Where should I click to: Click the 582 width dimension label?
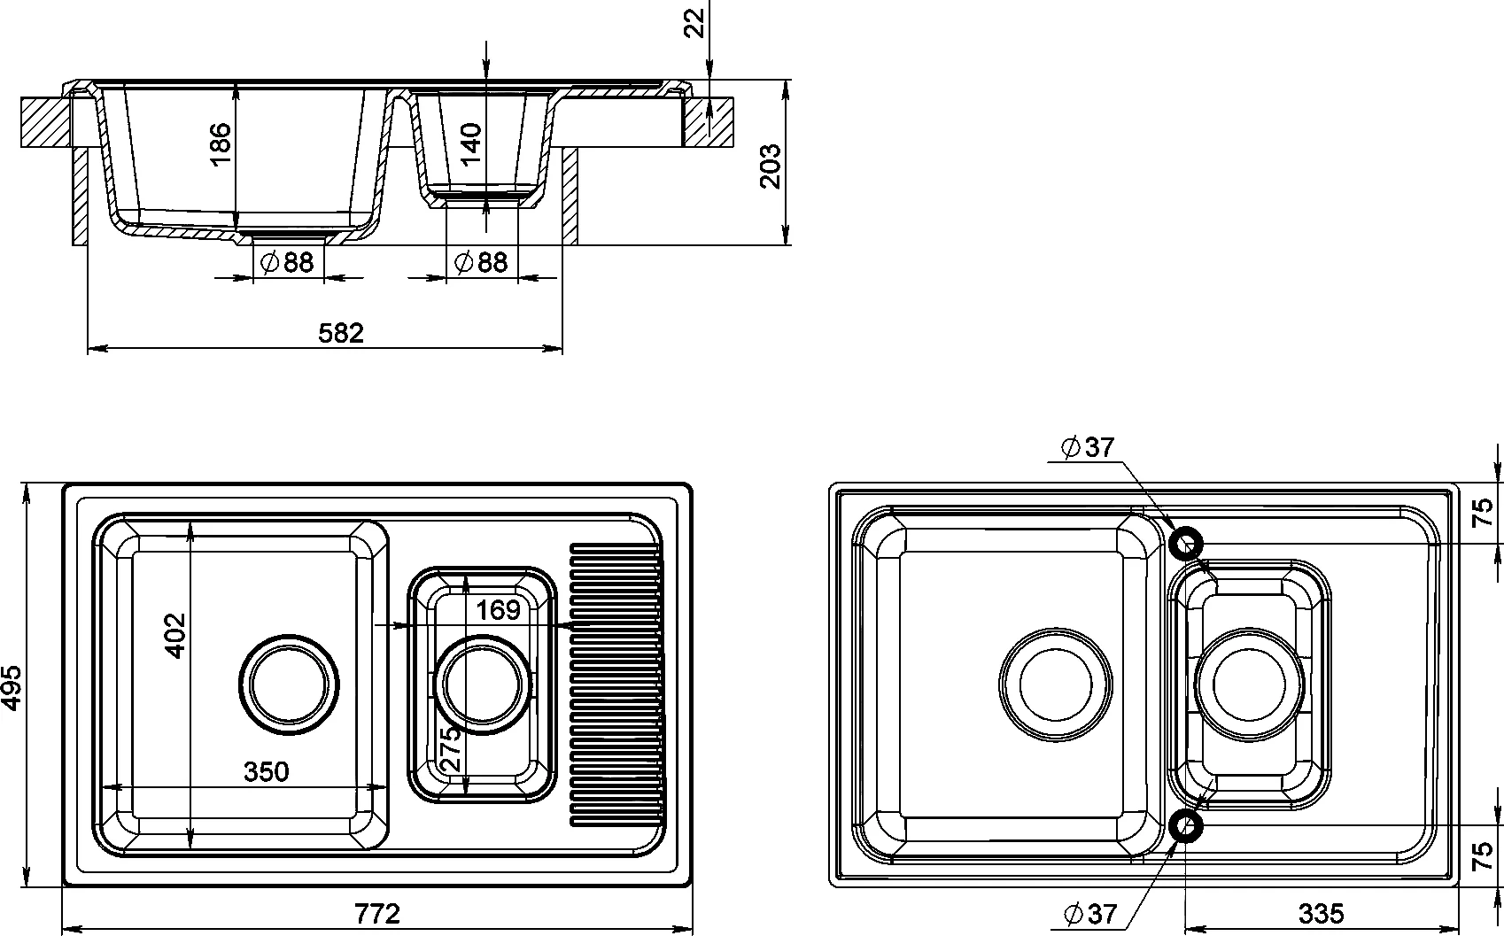click(x=340, y=333)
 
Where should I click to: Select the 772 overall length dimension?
click(x=376, y=913)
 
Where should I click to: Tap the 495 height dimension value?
click(x=12, y=687)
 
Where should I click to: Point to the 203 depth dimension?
click(x=770, y=166)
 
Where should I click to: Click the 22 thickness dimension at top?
click(x=696, y=23)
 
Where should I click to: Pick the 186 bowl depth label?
click(x=221, y=144)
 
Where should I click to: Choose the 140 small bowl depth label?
click(x=471, y=143)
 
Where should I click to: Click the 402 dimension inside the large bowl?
click(x=174, y=635)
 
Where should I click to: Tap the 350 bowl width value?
click(x=267, y=772)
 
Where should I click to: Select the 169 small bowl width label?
click(x=498, y=610)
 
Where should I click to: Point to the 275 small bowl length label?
click(x=451, y=748)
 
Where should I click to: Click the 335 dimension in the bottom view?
click(x=1322, y=914)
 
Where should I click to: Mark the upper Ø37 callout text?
click(x=1088, y=447)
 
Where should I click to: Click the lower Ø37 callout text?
click(x=1090, y=914)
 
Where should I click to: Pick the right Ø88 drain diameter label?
click(x=481, y=262)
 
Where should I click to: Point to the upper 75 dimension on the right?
click(x=1484, y=513)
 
